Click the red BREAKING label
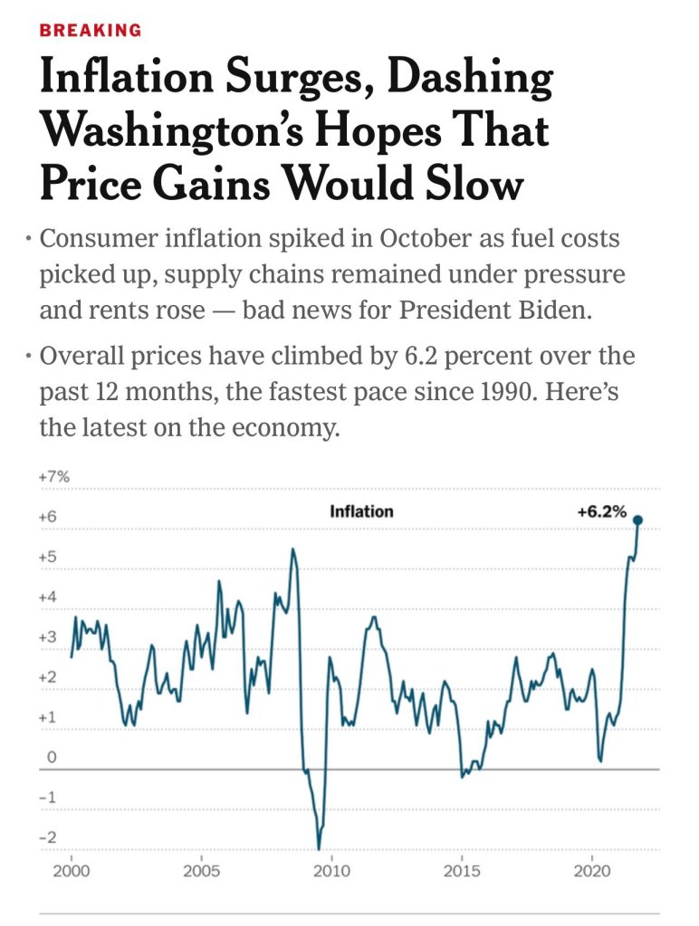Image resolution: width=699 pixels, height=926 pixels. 91,31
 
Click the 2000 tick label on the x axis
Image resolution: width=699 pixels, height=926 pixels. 71,872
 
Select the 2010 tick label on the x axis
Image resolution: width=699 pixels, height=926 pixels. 331,872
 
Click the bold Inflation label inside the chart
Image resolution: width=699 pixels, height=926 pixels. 361,511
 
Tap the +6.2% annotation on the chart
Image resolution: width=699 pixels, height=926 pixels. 602,511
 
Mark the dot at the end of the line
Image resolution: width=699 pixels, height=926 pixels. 637,520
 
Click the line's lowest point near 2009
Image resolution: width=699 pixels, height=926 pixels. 319,848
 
